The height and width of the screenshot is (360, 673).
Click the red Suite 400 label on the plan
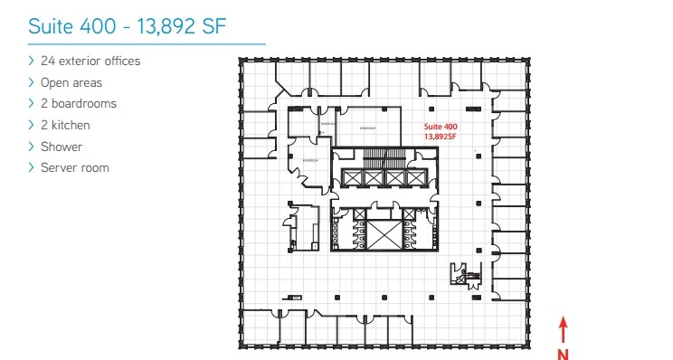pyautogui.click(x=441, y=127)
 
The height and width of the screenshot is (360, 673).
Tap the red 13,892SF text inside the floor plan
pyautogui.click(x=441, y=136)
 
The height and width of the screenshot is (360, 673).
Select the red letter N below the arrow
pyautogui.click(x=563, y=353)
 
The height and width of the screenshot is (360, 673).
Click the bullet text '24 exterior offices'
pyautogui.click(x=90, y=61)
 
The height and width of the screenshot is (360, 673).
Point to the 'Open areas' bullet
pyautogui.click(x=71, y=82)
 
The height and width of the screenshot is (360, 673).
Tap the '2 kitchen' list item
pyautogui.click(x=65, y=125)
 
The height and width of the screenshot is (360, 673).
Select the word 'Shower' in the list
pyautogui.click(x=62, y=146)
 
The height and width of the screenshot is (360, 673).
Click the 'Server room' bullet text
pyautogui.click(x=75, y=167)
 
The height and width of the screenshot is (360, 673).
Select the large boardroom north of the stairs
pyautogui.click(x=367, y=127)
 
